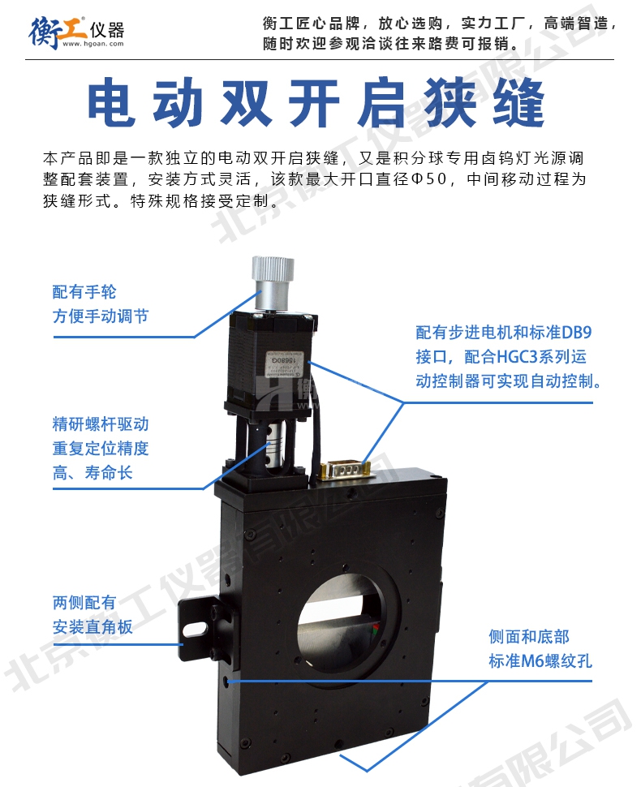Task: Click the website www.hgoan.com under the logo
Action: (x=92, y=44)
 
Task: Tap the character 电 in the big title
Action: (x=112, y=102)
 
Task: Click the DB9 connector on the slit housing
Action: (x=346, y=471)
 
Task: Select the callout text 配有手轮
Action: (x=84, y=291)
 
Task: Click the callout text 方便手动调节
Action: (x=101, y=316)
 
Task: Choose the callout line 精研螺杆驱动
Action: (x=101, y=424)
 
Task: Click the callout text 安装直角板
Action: (x=92, y=627)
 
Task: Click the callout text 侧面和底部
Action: (x=529, y=637)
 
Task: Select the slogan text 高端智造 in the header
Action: (x=576, y=23)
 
